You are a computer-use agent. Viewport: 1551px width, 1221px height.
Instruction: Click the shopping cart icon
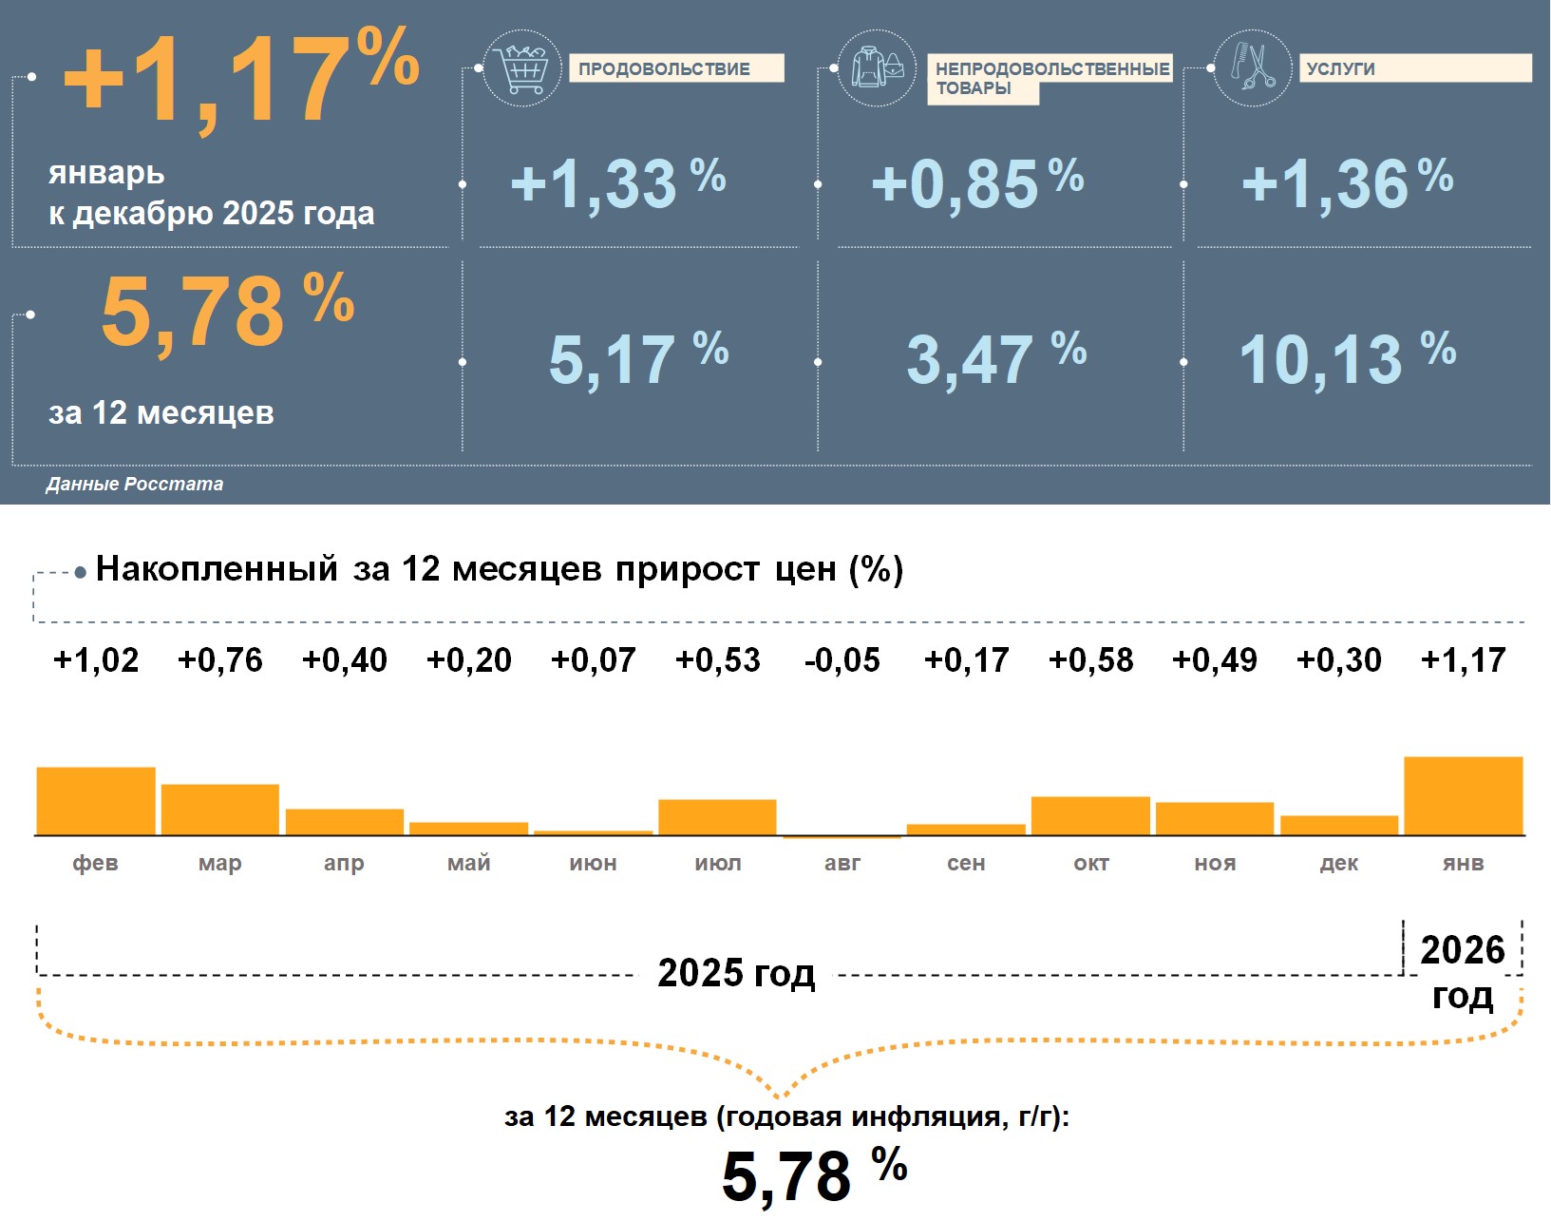point(522,67)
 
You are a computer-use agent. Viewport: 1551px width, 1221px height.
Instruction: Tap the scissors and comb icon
point(1253,67)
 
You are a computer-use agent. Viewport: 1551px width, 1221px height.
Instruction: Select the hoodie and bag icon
point(877,67)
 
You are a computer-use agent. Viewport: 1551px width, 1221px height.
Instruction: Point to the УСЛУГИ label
point(1340,68)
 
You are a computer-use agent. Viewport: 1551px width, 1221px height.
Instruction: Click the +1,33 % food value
point(617,182)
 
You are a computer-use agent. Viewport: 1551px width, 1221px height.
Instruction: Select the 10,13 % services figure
point(1347,358)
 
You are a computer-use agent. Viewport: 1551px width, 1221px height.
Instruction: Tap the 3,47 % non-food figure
point(995,358)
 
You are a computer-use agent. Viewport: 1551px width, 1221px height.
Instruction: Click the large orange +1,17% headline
point(241,78)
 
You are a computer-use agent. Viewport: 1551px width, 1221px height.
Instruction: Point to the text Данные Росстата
point(135,484)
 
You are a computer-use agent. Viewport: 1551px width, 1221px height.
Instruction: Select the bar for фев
point(96,801)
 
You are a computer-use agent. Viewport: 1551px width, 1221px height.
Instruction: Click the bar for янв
point(1463,796)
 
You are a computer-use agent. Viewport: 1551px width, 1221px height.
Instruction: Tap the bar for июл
point(717,817)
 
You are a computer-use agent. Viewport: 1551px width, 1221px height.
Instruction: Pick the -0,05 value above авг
point(842,659)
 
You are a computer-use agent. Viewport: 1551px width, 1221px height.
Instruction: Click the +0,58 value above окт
point(1090,659)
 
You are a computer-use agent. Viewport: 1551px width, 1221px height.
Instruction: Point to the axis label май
point(469,863)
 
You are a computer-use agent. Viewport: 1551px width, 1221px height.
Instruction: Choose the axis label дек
point(1338,863)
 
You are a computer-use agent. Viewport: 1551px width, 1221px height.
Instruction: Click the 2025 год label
point(736,973)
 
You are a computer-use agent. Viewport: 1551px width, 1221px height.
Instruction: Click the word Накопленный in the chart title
point(217,569)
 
